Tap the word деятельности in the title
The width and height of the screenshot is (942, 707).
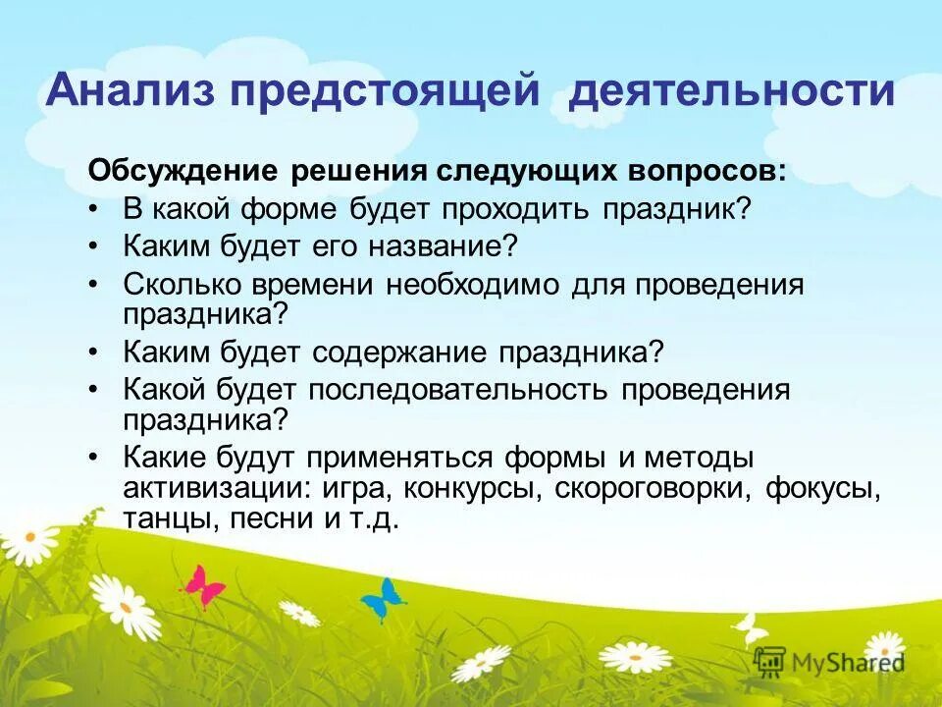tap(732, 91)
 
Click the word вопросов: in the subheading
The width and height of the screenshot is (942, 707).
tap(701, 170)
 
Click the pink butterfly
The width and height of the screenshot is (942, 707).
tap(204, 585)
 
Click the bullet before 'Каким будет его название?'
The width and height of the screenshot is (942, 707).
tap(93, 246)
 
